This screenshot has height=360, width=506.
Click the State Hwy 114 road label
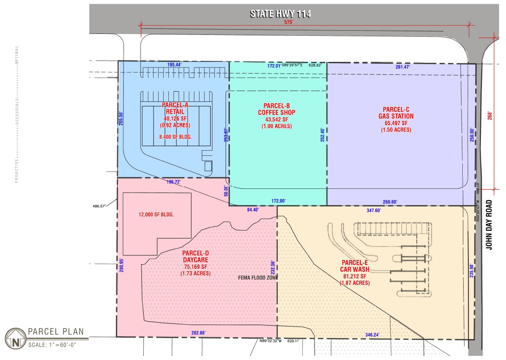point(280,13)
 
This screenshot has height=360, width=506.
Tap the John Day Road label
point(489,225)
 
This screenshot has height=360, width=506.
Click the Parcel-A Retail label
point(175,108)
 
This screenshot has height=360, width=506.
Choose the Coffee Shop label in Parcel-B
point(277,113)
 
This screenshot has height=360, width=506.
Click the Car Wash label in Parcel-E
point(354,269)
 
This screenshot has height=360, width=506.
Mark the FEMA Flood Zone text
point(258,278)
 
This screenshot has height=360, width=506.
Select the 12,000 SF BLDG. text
point(156,215)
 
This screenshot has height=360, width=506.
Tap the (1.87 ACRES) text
point(354,283)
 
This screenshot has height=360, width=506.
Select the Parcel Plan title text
point(56,332)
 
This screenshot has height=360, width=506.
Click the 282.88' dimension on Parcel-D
point(198,333)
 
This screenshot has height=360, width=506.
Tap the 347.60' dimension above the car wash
point(373,211)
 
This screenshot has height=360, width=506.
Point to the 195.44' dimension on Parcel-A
point(174,65)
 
